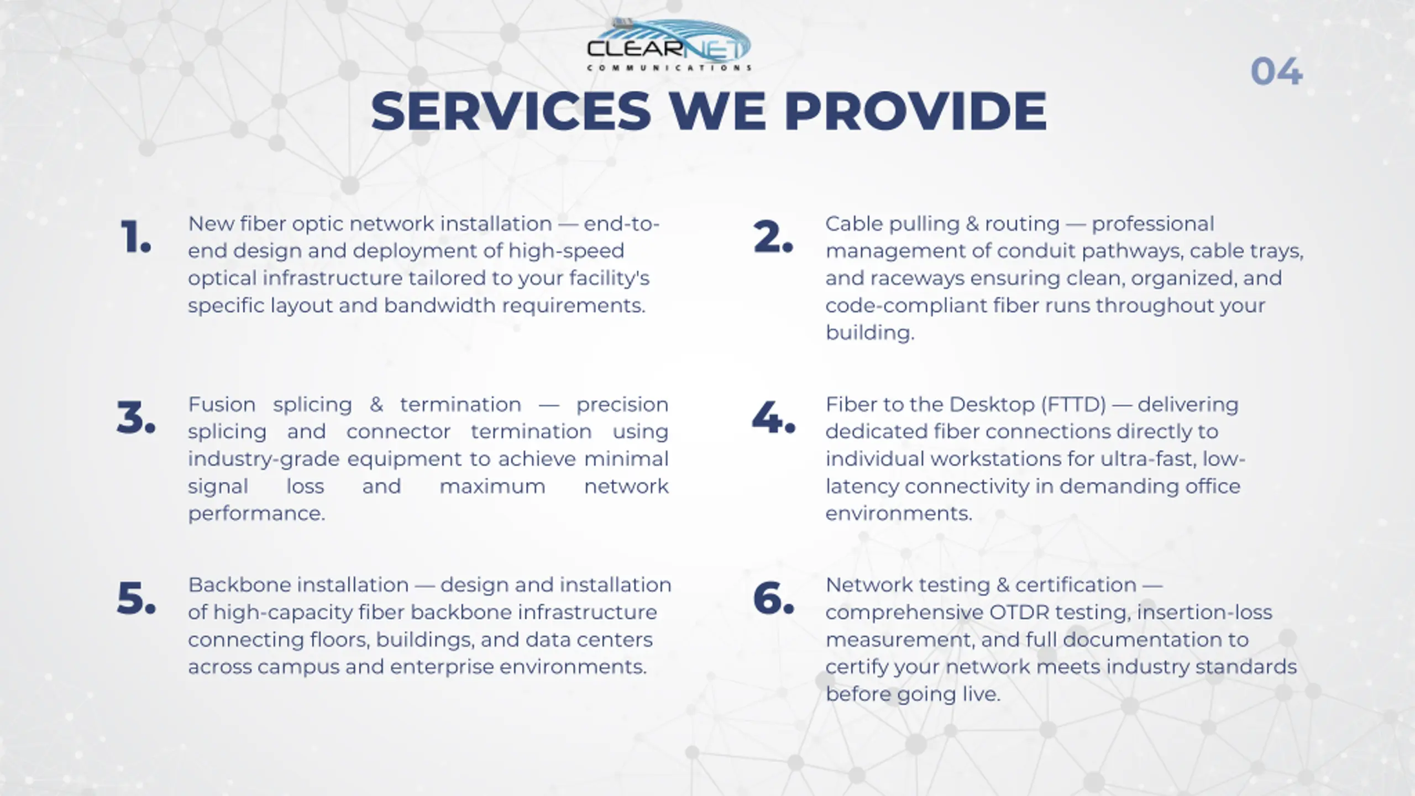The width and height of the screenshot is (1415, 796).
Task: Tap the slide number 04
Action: (x=1276, y=72)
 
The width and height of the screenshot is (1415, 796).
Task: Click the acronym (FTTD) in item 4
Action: (x=1073, y=405)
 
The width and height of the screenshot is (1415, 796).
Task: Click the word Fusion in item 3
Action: (x=222, y=405)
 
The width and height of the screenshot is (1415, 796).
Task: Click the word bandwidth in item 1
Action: (x=439, y=305)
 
